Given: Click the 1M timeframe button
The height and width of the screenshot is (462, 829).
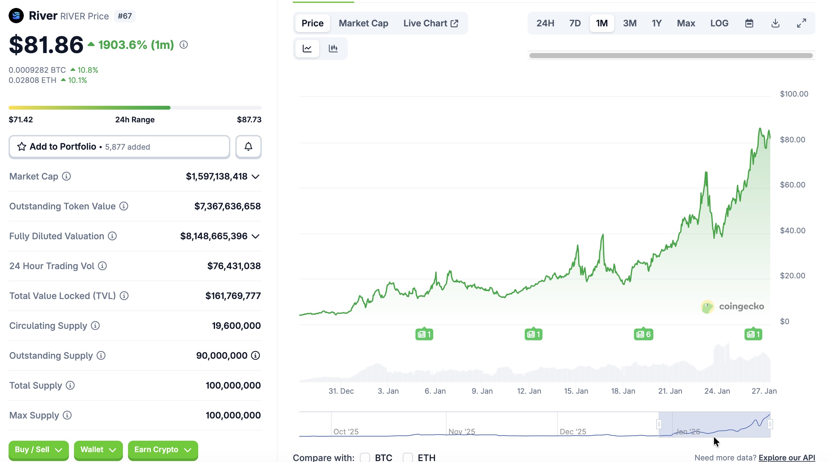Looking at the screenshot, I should coord(602,23).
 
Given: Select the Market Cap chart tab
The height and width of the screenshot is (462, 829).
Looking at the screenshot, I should coord(363,23).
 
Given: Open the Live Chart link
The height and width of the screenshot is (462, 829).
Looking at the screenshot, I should coord(431,23).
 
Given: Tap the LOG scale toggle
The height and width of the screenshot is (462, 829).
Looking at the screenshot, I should coord(719,23).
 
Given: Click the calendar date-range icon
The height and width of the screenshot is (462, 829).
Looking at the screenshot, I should coord(749,23).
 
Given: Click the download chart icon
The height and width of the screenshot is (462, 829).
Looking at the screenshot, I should coord(775,23).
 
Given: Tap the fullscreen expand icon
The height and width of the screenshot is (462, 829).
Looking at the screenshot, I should coord(801,23).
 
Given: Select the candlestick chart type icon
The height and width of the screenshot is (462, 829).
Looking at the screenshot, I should coord(333,48).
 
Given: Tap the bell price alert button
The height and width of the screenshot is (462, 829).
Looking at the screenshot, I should coord(248,147).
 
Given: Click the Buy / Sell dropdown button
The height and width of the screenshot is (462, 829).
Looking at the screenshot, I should coord(38,450).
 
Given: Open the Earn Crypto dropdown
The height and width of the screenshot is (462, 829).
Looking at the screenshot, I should coord(163,450).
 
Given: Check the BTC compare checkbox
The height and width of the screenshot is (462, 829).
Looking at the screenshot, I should coord(365,458).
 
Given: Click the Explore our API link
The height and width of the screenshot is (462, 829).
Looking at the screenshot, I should coord(786,458).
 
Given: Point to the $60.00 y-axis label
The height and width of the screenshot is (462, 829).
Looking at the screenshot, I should coord(792,185).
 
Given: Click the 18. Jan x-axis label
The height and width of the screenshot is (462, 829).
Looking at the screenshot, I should coord(623,391).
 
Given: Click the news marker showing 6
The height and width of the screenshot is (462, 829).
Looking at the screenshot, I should coord(643,334).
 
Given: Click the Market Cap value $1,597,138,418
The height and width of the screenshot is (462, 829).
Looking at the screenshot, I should coord(217,176).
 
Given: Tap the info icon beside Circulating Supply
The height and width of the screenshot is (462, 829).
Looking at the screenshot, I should coord(95,325).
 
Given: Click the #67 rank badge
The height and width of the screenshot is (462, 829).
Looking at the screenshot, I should coord(125,16).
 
